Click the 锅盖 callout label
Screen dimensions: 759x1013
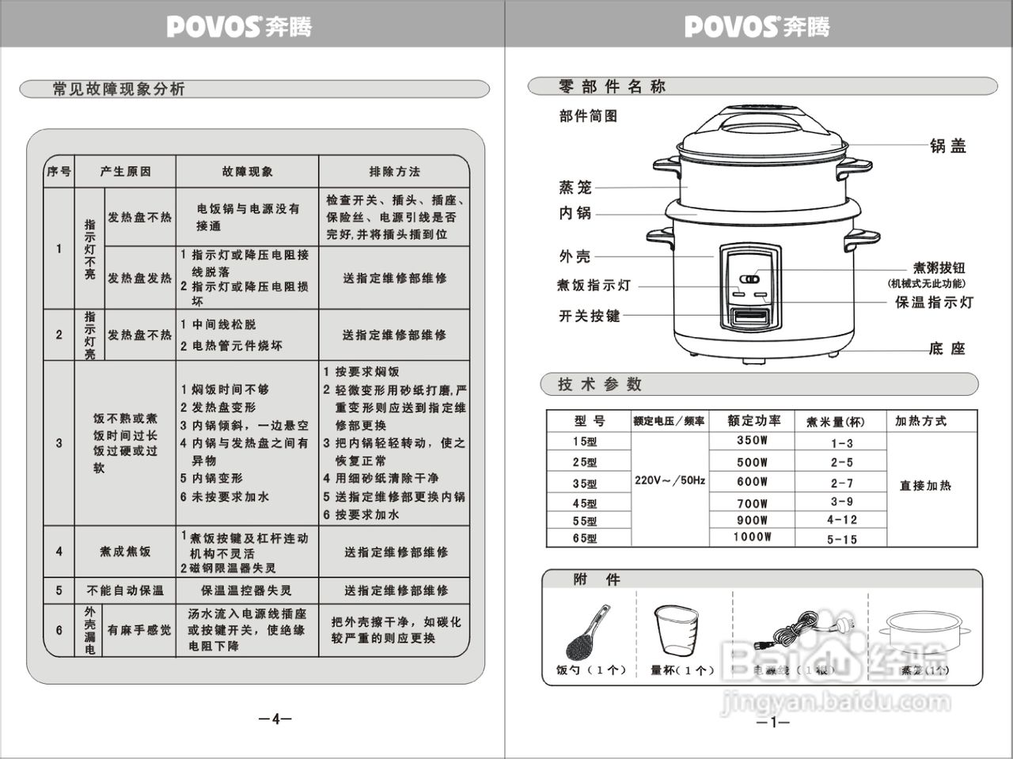click(x=947, y=146)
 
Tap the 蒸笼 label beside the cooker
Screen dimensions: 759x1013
click(x=575, y=188)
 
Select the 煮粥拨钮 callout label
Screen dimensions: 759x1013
click(x=939, y=268)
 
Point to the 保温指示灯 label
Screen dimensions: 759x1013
click(x=934, y=302)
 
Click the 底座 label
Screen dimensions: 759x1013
click(x=947, y=349)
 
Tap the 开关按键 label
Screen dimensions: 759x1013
click(x=590, y=316)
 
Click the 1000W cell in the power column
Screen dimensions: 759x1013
click(x=752, y=537)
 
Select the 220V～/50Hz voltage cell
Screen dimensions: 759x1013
click(x=670, y=480)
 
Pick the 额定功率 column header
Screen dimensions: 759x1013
click(x=753, y=421)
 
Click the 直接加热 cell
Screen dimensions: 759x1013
click(x=925, y=485)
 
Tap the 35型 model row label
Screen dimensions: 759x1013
click(x=586, y=484)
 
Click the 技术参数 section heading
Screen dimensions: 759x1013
click(x=599, y=385)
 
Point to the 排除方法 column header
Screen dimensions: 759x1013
click(x=394, y=172)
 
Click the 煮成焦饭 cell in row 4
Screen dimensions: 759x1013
click(x=124, y=552)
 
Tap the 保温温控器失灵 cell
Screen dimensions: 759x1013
click(x=246, y=590)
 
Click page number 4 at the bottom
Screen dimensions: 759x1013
click(x=275, y=719)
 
